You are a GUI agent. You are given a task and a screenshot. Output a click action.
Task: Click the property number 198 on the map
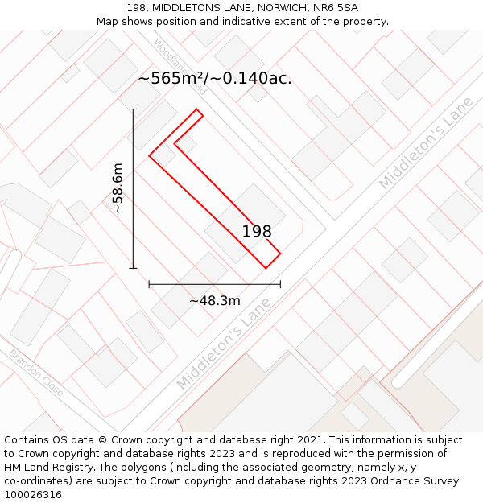click(257, 232)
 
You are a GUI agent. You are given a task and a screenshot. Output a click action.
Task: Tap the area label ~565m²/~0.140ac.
click(215, 78)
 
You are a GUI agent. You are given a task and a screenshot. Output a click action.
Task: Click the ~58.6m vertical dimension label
click(118, 188)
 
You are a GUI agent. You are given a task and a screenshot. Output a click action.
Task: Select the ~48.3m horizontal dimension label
click(215, 301)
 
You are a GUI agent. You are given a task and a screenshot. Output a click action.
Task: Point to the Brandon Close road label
click(36, 373)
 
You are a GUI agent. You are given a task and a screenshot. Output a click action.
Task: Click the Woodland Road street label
click(180, 67)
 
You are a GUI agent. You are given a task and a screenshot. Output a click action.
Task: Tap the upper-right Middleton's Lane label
click(426, 144)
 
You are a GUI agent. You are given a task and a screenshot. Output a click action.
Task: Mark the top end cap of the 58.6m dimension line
click(134, 109)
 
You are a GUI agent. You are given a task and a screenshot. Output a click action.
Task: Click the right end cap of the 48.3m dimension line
click(280, 284)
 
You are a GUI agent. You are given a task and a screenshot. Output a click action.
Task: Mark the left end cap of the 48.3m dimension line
click(149, 284)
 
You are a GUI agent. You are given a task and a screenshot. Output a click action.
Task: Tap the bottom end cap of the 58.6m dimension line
click(134, 268)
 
